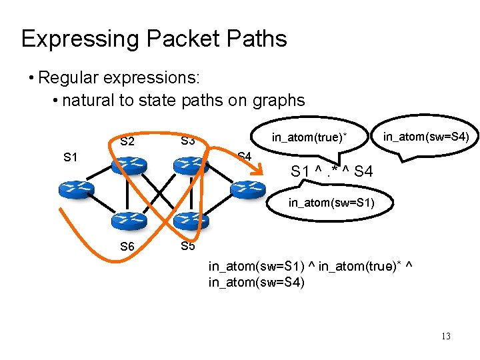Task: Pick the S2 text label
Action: [x=127, y=141]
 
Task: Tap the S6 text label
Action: [x=127, y=247]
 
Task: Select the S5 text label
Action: [x=188, y=246]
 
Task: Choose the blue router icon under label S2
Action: [x=129, y=165]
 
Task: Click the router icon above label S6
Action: [x=128, y=220]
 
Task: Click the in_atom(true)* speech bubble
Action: [x=310, y=138]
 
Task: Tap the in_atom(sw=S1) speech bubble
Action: [x=330, y=201]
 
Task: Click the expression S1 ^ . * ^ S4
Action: [x=331, y=172]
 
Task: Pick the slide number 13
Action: [x=445, y=336]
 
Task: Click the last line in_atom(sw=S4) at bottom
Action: [x=257, y=282]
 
